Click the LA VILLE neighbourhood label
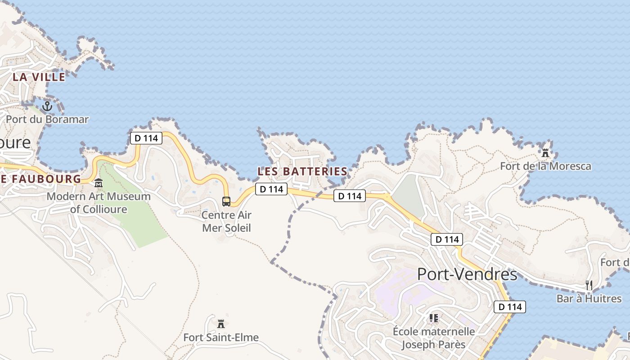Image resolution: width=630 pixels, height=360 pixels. [39, 77]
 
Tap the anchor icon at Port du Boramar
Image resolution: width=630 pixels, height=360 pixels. [47, 107]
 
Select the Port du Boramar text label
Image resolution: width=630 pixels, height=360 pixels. [47, 119]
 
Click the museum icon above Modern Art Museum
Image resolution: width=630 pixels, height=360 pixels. [99, 183]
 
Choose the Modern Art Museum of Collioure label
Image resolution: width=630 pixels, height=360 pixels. [99, 202]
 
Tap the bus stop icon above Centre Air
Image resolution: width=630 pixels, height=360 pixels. [226, 201]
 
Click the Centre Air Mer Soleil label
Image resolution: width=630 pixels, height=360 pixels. [226, 221]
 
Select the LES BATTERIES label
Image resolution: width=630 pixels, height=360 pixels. [302, 171]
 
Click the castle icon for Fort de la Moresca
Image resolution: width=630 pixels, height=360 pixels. [545, 153]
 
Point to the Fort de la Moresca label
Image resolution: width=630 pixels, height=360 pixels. [545, 166]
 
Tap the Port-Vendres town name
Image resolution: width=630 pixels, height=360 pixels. [467, 274]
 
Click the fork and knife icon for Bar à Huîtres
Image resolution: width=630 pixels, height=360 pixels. [589, 285]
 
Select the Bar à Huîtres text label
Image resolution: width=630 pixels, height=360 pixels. [589, 298]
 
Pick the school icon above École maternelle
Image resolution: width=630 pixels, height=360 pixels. [433, 319]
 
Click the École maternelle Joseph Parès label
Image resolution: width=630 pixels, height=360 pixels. [433, 338]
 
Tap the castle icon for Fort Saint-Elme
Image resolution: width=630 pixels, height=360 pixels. [221, 324]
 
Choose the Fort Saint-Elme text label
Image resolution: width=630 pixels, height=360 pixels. [221, 337]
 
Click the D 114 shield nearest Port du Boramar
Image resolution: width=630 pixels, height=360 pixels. [146, 138]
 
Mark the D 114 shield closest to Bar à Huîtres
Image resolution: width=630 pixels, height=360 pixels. [510, 307]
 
